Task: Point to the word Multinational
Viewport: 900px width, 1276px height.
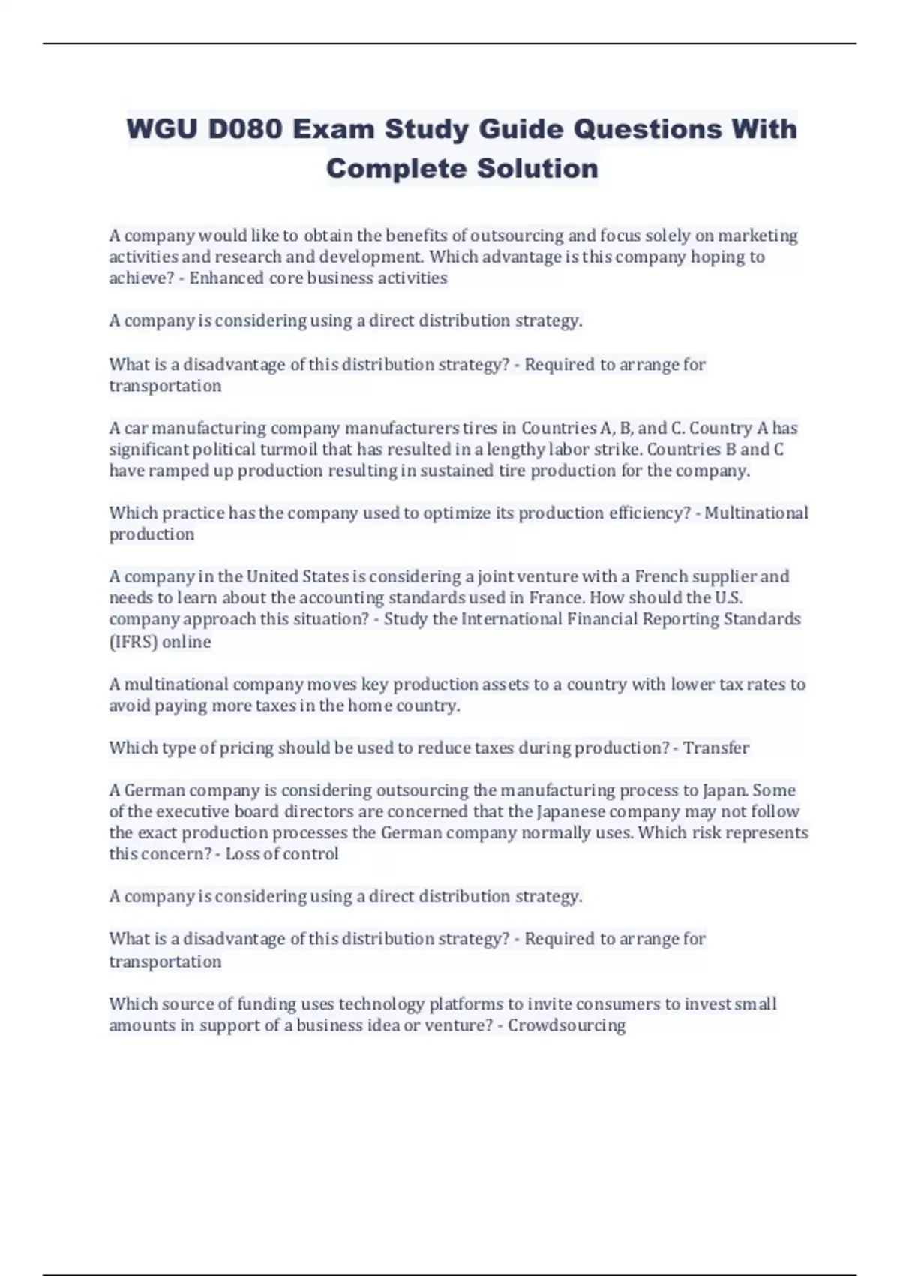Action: tap(756, 513)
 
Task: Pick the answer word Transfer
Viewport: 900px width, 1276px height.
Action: tap(716, 748)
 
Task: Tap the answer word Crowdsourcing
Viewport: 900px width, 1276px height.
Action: tap(566, 1026)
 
